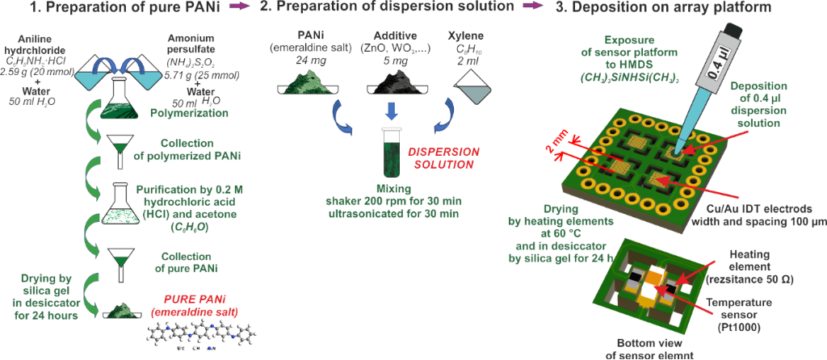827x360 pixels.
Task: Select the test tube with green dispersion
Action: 393,155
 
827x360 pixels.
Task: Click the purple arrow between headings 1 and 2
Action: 239,7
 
